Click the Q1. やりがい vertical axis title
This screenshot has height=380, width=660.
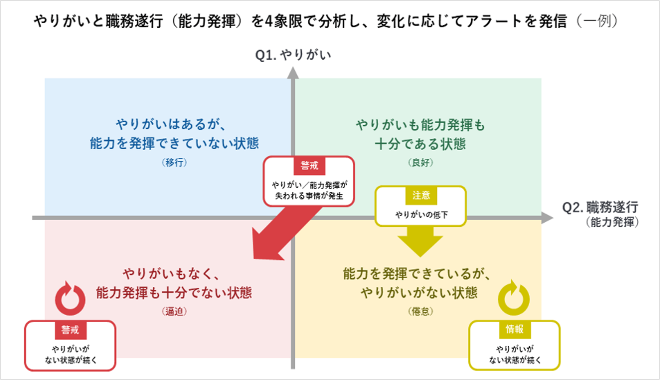[293, 55]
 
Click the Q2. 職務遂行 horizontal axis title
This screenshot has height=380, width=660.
[600, 207]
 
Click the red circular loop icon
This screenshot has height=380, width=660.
[70, 299]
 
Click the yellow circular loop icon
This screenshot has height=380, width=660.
[513, 298]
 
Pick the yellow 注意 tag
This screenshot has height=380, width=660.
[421, 195]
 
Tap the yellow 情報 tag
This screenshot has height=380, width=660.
[514, 329]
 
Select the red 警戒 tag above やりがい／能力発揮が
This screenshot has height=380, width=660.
[309, 166]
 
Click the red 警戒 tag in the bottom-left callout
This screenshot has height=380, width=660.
[70, 330]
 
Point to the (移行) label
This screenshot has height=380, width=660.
[174, 162]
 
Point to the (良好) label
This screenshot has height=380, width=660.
[420, 162]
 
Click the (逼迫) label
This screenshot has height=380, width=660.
[174, 311]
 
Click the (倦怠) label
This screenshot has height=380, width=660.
[420, 311]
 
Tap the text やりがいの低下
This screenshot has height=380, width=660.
[421, 215]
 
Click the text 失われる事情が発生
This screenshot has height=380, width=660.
[309, 196]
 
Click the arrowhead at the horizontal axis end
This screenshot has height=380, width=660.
[547, 218]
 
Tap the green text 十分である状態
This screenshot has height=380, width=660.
[420, 144]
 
